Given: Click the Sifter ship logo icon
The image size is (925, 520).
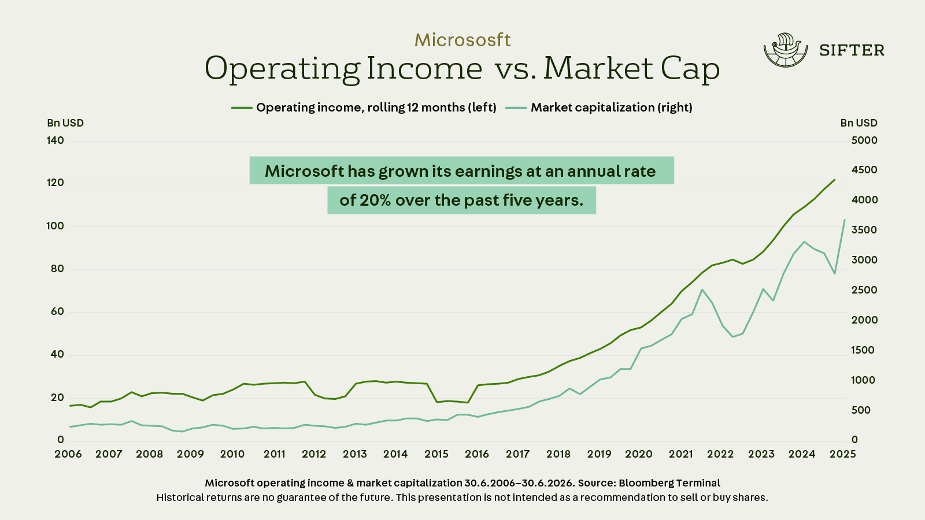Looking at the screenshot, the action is pyautogui.click(x=786, y=50).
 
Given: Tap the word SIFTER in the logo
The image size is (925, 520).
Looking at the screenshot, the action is pyautogui.click(x=852, y=50).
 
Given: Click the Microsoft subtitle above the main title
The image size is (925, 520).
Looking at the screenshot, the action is pyautogui.click(x=462, y=40).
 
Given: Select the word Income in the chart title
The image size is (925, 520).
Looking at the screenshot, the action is pyautogui.click(x=424, y=69).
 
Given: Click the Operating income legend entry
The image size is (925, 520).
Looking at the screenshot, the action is pyautogui.click(x=364, y=107).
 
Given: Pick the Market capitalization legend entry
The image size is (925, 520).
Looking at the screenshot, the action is pyautogui.click(x=599, y=107).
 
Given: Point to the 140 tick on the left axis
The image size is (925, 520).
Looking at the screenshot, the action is pyautogui.click(x=55, y=140).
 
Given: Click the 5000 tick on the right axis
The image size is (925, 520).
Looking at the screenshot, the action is pyautogui.click(x=864, y=140).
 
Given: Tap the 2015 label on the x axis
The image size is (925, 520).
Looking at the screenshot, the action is pyautogui.click(x=436, y=454).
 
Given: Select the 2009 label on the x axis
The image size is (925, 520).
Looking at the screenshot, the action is pyautogui.click(x=190, y=454).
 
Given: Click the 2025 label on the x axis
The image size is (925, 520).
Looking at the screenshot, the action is pyautogui.click(x=843, y=454).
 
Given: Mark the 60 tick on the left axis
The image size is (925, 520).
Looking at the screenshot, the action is pyautogui.click(x=57, y=311).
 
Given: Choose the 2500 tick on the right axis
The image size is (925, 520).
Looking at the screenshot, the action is pyautogui.click(x=864, y=290).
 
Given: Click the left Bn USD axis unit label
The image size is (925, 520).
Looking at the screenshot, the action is pyautogui.click(x=65, y=123).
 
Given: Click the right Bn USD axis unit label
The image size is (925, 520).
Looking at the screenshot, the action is pyautogui.click(x=859, y=123).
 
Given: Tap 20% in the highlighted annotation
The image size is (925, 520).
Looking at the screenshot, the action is pyautogui.click(x=375, y=200).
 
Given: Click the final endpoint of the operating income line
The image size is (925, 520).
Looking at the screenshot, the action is pyautogui.click(x=835, y=180).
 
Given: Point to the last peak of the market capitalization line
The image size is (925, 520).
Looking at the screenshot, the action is pyautogui.click(x=845, y=220).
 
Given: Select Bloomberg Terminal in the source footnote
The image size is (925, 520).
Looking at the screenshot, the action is pyautogui.click(x=669, y=483).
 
